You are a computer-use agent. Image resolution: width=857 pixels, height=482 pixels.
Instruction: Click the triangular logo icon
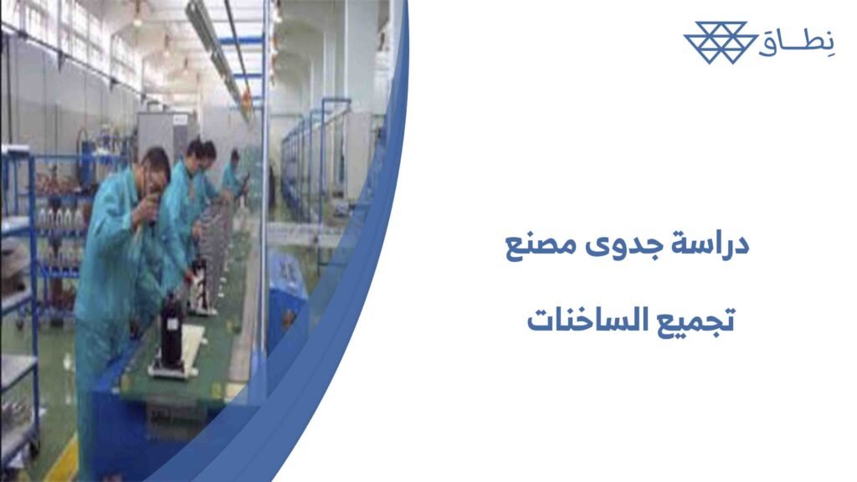click(720, 42)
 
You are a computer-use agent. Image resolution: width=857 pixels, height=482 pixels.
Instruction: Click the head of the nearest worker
click(155, 167)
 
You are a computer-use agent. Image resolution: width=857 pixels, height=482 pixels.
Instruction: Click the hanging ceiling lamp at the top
click(137, 13)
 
